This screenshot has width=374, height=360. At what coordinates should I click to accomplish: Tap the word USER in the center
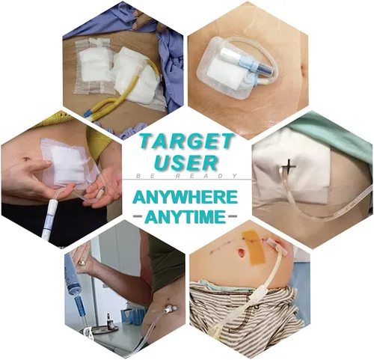(x=186, y=163)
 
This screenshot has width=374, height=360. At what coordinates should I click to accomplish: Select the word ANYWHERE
(x=185, y=198)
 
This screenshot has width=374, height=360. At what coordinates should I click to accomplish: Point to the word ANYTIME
(x=186, y=216)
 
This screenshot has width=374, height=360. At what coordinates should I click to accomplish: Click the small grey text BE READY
(x=187, y=176)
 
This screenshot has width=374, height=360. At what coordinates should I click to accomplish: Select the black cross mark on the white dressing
(x=289, y=165)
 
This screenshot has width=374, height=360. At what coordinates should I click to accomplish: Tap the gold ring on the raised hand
(x=82, y=263)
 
